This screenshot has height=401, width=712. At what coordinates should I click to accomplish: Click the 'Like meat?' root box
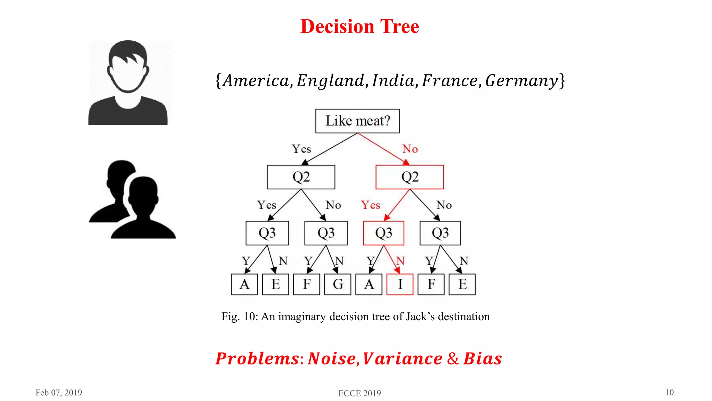(357, 121)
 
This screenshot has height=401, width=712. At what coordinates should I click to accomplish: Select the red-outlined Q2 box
(410, 177)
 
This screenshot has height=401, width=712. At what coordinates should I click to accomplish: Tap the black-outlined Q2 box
(301, 177)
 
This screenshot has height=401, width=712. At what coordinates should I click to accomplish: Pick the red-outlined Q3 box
(383, 233)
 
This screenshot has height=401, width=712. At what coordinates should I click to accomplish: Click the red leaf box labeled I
(400, 284)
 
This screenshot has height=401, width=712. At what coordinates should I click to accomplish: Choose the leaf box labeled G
(338, 284)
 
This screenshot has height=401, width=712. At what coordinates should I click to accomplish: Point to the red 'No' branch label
(410, 149)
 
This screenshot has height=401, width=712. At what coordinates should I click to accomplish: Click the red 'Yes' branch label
(370, 205)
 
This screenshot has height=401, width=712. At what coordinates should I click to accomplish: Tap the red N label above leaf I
(400, 261)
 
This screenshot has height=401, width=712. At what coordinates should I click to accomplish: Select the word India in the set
(393, 81)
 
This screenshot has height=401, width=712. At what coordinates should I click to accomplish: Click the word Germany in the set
(521, 81)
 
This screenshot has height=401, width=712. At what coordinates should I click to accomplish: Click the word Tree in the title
(399, 26)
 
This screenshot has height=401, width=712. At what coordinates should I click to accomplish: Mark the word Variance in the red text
(402, 359)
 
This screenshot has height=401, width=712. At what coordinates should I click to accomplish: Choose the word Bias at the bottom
(483, 359)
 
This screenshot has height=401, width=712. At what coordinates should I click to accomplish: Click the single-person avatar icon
(128, 82)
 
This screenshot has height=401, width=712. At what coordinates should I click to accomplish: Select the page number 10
(669, 392)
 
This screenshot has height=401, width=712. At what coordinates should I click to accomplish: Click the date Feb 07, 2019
(59, 393)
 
